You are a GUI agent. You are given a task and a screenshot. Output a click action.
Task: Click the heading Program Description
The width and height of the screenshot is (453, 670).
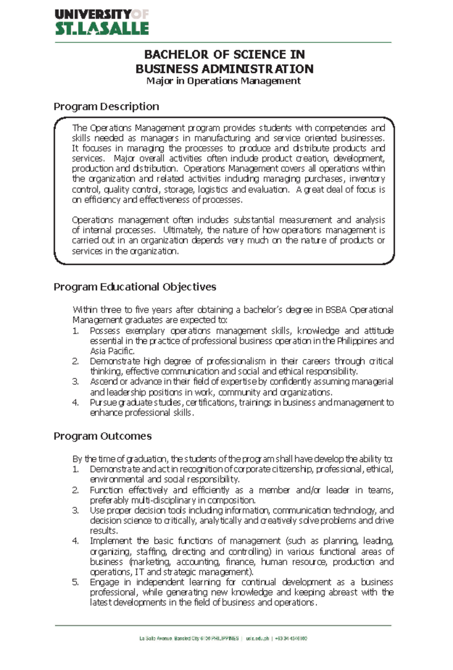click(106, 107)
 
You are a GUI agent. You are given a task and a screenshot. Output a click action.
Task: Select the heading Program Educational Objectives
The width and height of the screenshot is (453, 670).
click(135, 287)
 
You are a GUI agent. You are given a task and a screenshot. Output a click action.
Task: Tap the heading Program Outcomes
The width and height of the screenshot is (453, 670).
click(102, 436)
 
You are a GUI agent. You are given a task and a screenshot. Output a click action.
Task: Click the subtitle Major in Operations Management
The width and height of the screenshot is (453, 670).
click(223, 81)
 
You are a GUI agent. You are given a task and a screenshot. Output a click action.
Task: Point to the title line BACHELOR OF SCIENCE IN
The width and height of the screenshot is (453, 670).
click(224, 55)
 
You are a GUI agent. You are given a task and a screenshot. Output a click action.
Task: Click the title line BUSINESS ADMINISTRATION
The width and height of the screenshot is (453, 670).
click(224, 69)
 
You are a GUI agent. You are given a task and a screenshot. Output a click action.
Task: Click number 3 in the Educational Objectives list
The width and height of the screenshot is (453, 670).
click(75, 381)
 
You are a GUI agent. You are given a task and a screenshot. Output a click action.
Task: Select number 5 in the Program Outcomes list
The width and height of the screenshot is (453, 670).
click(75, 582)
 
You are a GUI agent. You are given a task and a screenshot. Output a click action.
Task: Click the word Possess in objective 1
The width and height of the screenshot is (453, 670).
click(105, 331)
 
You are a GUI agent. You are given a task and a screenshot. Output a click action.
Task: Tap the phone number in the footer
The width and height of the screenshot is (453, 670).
click(291, 639)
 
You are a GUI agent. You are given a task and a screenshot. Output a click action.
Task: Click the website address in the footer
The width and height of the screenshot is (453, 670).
click(257, 639)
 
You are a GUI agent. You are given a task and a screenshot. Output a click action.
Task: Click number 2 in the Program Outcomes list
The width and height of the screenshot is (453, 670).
click(75, 490)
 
